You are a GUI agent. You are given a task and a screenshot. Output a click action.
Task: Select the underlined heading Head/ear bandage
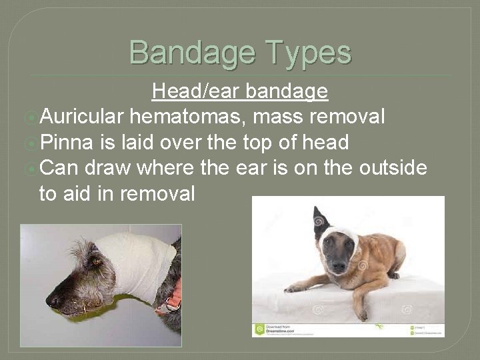239,91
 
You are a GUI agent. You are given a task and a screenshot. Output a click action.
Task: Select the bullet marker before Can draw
30,168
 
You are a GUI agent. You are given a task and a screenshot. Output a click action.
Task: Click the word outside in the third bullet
393,167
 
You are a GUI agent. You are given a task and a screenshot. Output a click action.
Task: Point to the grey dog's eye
96,262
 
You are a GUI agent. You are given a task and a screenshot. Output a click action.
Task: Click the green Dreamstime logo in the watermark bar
259,329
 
